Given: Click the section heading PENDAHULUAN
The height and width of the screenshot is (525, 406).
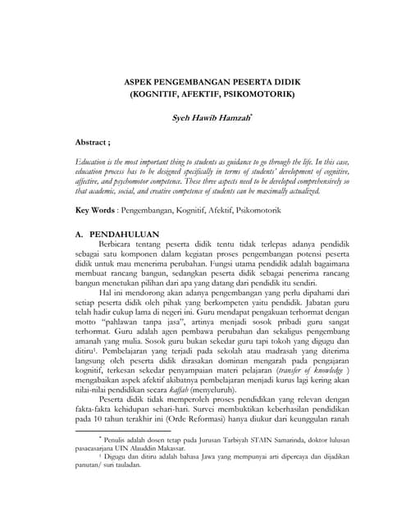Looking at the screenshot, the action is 123,234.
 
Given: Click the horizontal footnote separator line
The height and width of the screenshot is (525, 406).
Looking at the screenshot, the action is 123,430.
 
